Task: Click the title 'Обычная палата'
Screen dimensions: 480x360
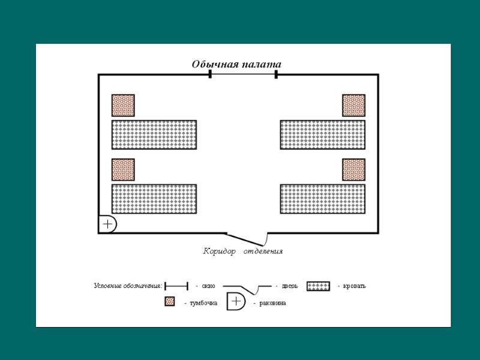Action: [236, 64]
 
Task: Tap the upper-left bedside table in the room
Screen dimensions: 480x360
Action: [123, 105]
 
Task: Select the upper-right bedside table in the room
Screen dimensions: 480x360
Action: [353, 105]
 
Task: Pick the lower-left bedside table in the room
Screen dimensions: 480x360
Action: [123, 169]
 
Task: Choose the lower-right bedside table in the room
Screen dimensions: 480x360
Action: [353, 169]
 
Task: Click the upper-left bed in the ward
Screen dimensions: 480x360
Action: [154, 134]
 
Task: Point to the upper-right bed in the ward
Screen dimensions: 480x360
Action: [323, 134]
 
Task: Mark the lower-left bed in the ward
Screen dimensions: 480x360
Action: [154, 199]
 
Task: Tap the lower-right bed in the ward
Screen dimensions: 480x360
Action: [323, 199]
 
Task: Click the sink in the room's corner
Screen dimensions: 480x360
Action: [107, 224]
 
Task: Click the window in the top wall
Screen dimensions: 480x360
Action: [243, 74]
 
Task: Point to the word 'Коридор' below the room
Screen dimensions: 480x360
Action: [219, 251]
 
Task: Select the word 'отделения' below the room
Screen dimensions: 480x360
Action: [263, 251]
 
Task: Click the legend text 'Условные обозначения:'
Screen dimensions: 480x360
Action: [128, 286]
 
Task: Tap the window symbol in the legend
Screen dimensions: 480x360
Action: [176, 286]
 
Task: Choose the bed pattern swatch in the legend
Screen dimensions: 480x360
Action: [318, 286]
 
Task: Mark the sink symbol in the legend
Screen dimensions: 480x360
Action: [236, 301]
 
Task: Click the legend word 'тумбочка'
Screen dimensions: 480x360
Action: [203, 303]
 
